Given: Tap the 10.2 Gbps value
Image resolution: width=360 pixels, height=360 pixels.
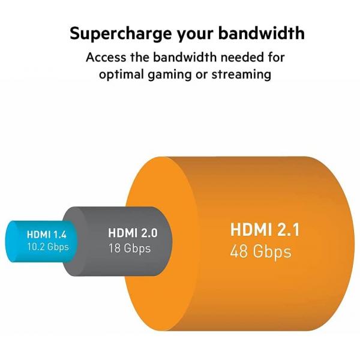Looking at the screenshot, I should (47, 246).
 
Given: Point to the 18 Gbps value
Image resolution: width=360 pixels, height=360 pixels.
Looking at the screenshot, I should (129, 248).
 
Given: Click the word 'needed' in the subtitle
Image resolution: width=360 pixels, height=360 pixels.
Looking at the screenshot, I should (239, 58).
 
